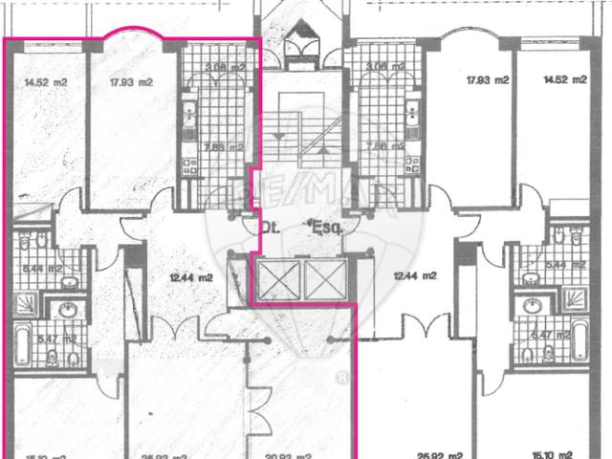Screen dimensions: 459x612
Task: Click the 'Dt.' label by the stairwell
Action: pyautogui.click(x=269, y=229)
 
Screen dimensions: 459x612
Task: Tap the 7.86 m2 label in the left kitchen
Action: pyautogui.click(x=227, y=148)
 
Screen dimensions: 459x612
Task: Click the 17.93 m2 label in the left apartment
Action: pyautogui.click(x=131, y=81)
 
